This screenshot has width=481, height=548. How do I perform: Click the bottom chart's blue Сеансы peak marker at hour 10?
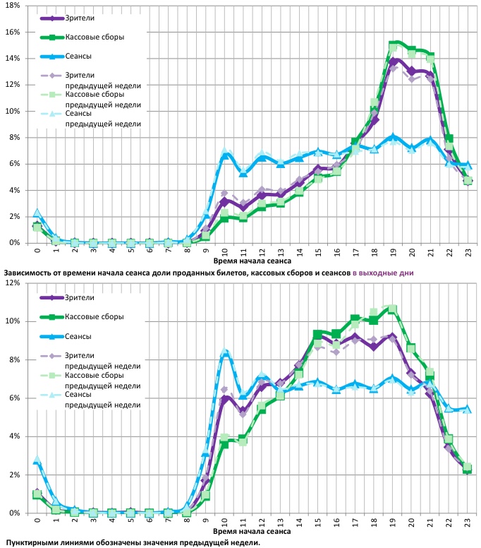point(224,353)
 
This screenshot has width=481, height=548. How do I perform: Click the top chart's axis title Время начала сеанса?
point(251,261)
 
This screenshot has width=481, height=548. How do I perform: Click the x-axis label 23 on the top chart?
point(467,251)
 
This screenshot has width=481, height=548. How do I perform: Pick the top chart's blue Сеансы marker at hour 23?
point(467,165)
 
